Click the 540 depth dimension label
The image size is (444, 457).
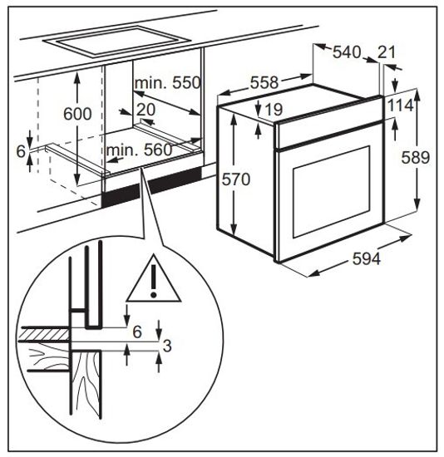click(347, 52)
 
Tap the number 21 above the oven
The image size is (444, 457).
click(387, 52)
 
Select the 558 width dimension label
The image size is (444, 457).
click(264, 82)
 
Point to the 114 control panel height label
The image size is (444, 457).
click(400, 106)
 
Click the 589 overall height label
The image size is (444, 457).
click(416, 158)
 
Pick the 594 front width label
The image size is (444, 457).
click(367, 258)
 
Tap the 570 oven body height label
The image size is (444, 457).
click(236, 179)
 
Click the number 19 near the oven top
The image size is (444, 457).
click(274, 110)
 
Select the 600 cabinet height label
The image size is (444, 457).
click(77, 114)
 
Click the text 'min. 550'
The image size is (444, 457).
click(168, 83)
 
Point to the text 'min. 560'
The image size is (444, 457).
click(140, 150)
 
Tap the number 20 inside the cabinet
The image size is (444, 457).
click(146, 110)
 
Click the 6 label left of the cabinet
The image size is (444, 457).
click(21, 151)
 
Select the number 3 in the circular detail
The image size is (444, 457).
click(167, 346)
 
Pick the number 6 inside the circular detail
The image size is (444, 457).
click(137, 332)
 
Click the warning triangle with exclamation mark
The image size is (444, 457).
click(154, 278)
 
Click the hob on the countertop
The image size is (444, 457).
click(116, 42)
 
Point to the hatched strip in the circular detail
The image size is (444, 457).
click(44, 334)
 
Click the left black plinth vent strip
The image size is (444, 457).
click(121, 195)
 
